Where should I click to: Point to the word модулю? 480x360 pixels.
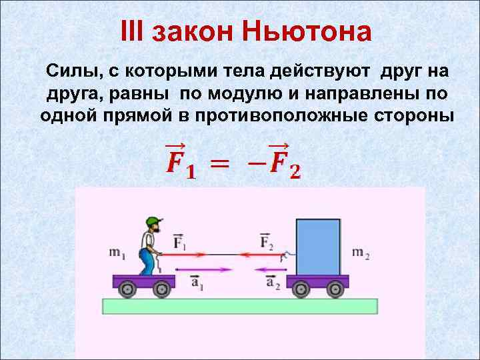tap(249, 93)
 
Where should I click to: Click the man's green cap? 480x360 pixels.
tap(154, 221)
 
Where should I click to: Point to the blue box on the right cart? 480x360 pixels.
tap(317, 247)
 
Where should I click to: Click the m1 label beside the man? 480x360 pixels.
tap(119, 253)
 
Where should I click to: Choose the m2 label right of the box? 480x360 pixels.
tap(361, 253)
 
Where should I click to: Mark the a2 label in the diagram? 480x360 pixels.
tap(273, 284)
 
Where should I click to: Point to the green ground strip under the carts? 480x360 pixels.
tap(240, 306)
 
